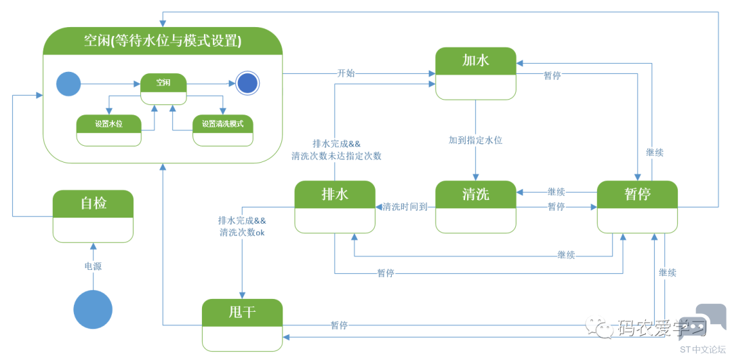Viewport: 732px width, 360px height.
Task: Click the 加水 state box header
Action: click(x=475, y=60)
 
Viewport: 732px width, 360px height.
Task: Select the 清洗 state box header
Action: click(x=475, y=194)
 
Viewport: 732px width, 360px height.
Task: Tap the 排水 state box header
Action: click(x=335, y=194)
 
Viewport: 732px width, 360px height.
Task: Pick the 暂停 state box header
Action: click(x=637, y=194)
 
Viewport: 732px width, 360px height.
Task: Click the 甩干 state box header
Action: click(x=242, y=312)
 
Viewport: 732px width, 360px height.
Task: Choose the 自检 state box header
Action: click(x=93, y=203)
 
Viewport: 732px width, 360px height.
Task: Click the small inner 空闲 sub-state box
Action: click(x=163, y=83)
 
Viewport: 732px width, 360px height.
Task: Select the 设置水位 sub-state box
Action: click(x=109, y=124)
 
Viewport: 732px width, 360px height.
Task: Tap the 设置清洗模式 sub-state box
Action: click(x=222, y=124)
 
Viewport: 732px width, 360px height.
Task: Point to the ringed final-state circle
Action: click(x=248, y=84)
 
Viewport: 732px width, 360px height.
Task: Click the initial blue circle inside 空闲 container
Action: click(x=68, y=84)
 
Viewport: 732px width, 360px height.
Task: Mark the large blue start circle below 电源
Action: click(x=93, y=310)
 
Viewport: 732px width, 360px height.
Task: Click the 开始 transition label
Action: click(x=346, y=73)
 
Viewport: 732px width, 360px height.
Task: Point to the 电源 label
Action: click(x=93, y=266)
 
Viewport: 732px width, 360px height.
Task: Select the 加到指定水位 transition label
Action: click(x=475, y=140)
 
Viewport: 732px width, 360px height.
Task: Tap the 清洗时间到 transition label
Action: click(x=405, y=207)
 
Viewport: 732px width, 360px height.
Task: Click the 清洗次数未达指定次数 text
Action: click(x=336, y=156)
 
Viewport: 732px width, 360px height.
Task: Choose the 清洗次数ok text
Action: click(x=242, y=232)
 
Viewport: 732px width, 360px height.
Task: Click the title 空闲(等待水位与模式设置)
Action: click(x=163, y=41)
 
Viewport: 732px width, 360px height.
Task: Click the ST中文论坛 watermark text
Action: click(x=702, y=350)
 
